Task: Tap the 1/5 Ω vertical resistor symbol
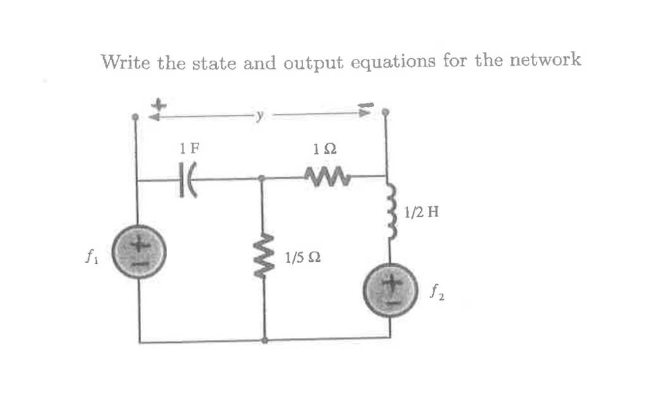pyautogui.click(x=265, y=255)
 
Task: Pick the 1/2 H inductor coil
pyautogui.click(x=390, y=211)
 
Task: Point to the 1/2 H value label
pyautogui.click(x=421, y=213)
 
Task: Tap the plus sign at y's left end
pyautogui.click(x=159, y=102)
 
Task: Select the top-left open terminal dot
pyautogui.click(x=134, y=117)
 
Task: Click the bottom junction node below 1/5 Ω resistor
pyautogui.click(x=265, y=340)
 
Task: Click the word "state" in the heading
pyautogui.click(x=215, y=63)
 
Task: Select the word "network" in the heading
pyautogui.click(x=545, y=60)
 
